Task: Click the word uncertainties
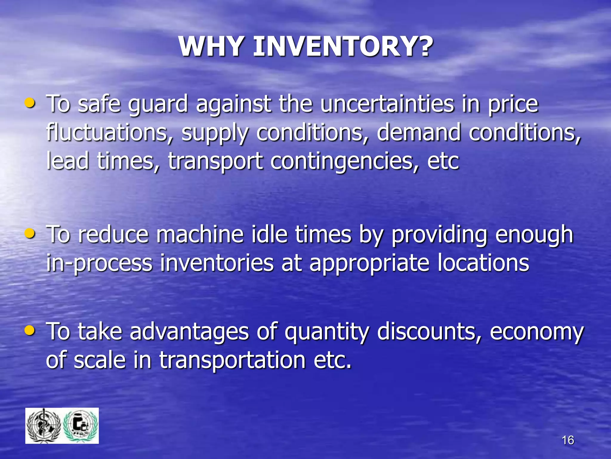tap(387, 104)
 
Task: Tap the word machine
tap(200, 234)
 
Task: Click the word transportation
tap(232, 360)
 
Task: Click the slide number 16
tap(568, 440)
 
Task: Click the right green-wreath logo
tap(81, 426)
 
